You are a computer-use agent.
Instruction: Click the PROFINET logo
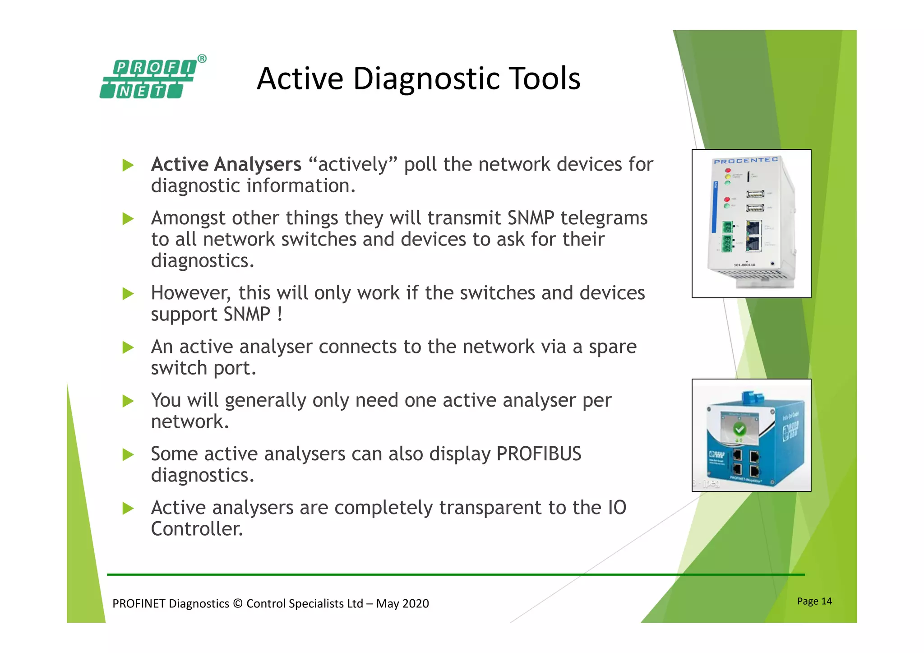tap(149, 79)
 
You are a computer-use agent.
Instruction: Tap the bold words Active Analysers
tap(226, 164)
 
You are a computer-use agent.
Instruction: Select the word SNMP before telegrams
tap(531, 218)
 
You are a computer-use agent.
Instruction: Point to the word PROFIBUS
tap(539, 454)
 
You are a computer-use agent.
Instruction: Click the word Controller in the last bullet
tap(197, 529)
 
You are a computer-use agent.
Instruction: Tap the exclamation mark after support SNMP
tap(280, 314)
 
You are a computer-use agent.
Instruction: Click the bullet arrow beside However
tap(128, 294)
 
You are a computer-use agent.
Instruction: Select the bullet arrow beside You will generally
tap(128, 401)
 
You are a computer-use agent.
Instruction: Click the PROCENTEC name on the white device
tap(745, 161)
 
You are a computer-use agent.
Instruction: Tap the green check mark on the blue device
tap(739, 428)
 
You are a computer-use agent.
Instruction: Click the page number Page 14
tap(814, 601)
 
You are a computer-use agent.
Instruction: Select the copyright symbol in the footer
tap(238, 604)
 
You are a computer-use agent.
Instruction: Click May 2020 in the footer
tap(402, 604)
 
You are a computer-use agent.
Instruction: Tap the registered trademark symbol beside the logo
tap(202, 59)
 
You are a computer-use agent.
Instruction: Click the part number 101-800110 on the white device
tap(744, 265)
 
